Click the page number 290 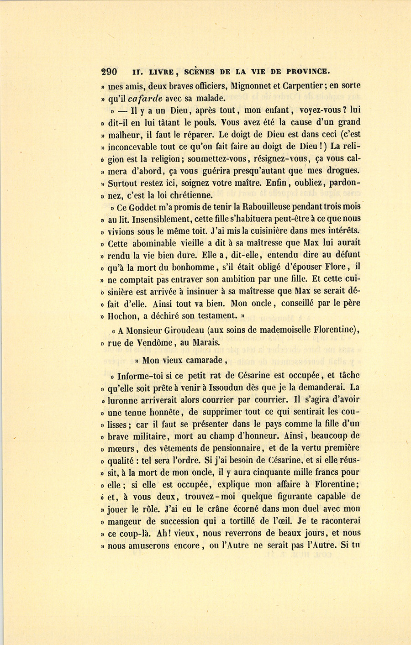109,72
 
